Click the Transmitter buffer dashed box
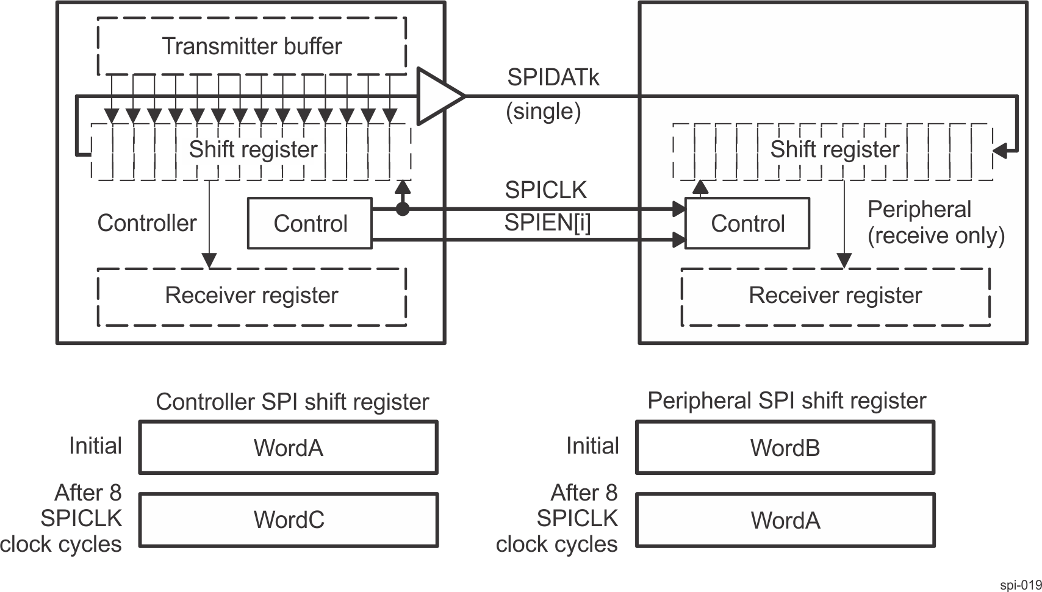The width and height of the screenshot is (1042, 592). tap(251, 46)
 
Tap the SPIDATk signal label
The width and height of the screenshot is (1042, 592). tap(553, 77)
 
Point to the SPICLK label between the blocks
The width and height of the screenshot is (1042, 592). tap(545, 190)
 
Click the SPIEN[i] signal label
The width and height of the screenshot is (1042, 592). tap(547, 224)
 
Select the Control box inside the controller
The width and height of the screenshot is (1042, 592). tap(310, 223)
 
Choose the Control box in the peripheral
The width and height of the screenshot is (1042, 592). tap(747, 223)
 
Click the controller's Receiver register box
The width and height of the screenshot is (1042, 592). tap(251, 296)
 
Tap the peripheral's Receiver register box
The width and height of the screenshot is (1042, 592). tap(835, 296)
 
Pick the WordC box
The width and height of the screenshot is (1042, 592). tap(289, 520)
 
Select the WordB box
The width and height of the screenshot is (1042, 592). tap(785, 448)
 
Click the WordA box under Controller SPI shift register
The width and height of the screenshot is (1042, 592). tap(289, 448)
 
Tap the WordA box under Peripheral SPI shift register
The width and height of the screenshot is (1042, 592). tap(785, 520)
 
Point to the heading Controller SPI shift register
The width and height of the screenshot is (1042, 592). tap(292, 402)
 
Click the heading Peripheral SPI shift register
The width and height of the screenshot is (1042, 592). tap(787, 401)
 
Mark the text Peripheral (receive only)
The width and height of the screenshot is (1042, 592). tap(935, 223)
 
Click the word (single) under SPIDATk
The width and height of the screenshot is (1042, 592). tap(543, 112)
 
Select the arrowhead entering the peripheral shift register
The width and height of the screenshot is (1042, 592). tap(1000, 150)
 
